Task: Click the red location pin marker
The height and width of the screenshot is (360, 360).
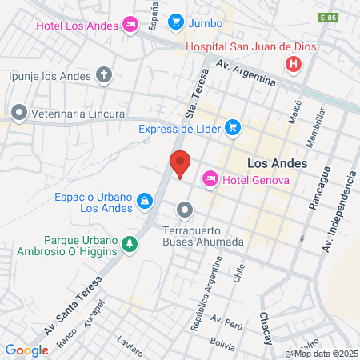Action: (x=180, y=163)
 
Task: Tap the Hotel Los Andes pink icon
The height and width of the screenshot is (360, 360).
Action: (x=129, y=26)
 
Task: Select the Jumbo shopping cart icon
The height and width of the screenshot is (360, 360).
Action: (x=176, y=22)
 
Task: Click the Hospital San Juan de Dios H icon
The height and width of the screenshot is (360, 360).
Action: (x=295, y=63)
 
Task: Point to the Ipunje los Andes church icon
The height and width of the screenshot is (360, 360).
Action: (x=103, y=76)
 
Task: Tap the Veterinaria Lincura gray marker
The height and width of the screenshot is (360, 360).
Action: (x=19, y=113)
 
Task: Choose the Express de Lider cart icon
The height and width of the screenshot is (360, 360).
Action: (x=233, y=127)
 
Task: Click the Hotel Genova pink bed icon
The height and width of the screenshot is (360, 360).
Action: (x=210, y=178)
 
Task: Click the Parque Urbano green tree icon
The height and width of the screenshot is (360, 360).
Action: (x=130, y=244)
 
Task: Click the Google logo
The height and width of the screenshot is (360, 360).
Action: (x=26, y=350)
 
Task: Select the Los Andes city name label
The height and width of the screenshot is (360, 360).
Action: (x=278, y=162)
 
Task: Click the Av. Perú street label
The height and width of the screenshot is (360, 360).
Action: (x=226, y=320)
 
